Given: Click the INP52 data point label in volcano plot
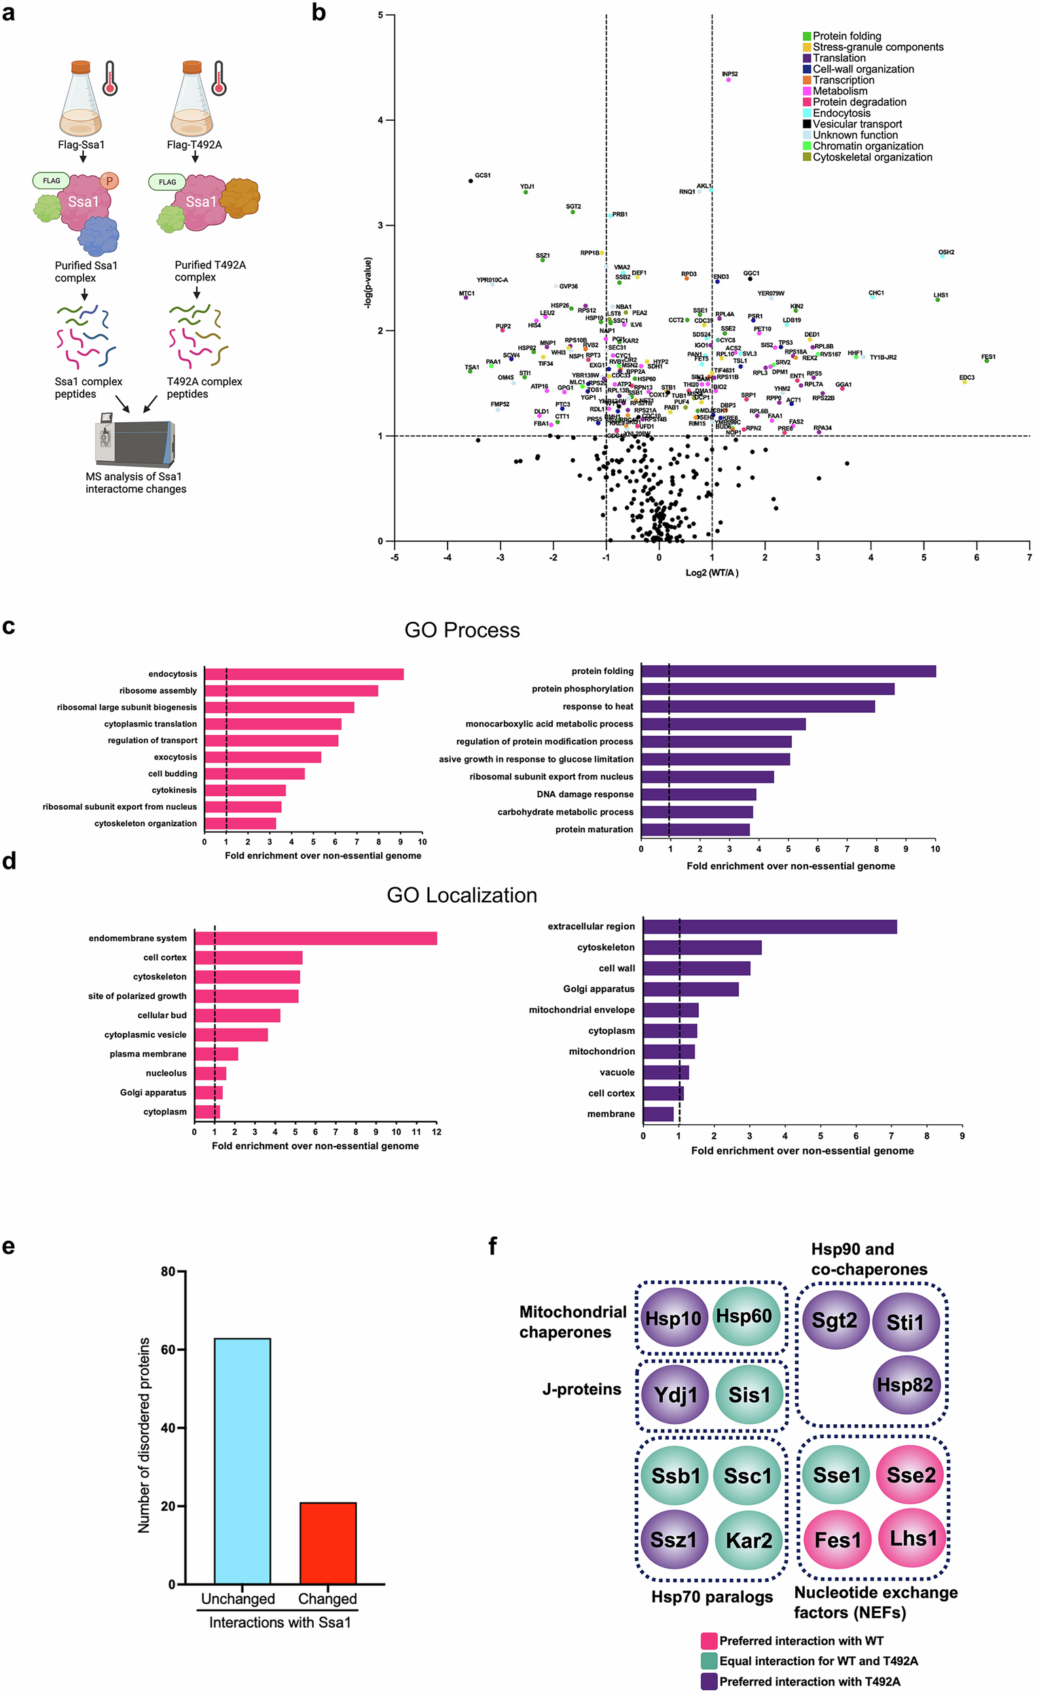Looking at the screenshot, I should tap(729, 74).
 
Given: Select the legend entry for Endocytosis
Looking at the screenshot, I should tap(841, 113).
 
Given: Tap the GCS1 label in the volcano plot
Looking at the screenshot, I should tap(482, 175).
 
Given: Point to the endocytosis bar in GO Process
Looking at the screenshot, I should tap(304, 674).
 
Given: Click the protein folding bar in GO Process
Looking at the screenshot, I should tap(788, 671).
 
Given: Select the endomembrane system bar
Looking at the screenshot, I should tap(315, 938).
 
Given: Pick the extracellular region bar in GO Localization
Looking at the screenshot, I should tap(769, 927).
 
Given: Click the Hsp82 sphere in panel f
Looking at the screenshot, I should tap(904, 1385).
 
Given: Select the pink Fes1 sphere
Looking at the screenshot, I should tap(837, 1540).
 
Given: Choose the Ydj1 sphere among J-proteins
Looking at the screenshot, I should tap(674, 1395).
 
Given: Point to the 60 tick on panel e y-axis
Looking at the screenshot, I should tap(168, 1349).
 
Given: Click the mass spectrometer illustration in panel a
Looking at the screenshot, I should tap(135, 441).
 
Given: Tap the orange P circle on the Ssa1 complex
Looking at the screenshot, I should tap(109, 181).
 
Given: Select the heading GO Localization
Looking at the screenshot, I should tap(462, 895).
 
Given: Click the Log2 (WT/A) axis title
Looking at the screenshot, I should tap(712, 573).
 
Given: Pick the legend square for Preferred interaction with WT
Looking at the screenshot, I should tap(709, 1641).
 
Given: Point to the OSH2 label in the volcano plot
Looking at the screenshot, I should tap(945, 253).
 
